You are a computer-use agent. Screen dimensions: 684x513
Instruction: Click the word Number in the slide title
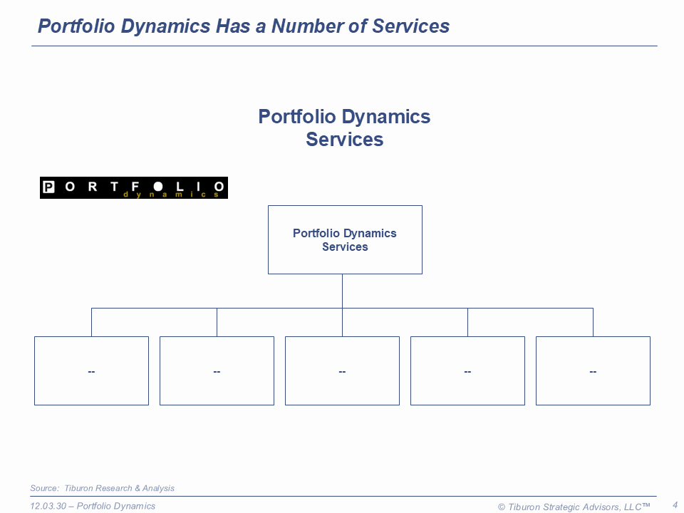pos(307,26)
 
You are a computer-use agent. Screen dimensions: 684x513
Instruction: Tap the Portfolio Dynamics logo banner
pos(134,187)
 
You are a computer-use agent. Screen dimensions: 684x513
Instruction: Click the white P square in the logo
pos(48,187)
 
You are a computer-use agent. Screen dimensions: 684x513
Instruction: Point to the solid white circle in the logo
pos(158,187)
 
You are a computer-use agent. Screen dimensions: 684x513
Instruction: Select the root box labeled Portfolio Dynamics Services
pos(345,239)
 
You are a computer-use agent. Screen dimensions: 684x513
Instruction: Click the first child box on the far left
pos(92,370)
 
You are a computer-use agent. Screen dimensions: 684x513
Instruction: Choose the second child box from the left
pos(217,370)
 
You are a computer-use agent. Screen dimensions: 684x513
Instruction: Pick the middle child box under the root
pos(343,370)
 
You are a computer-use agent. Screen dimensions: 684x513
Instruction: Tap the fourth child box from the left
pos(467,370)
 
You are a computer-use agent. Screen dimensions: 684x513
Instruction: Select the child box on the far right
pos(594,370)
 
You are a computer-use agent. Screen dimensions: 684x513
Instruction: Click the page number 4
pos(675,505)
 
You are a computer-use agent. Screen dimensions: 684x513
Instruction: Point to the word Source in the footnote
pos(44,488)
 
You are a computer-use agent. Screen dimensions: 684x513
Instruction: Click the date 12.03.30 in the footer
pos(48,506)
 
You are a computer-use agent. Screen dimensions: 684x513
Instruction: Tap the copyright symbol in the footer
pos(502,507)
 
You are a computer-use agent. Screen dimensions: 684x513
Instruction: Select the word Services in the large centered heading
pos(345,140)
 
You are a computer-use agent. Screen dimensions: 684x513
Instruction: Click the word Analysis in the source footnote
pos(158,488)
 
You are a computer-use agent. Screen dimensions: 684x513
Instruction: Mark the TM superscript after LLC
pos(646,504)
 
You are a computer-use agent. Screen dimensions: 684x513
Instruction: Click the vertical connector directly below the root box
pos(343,291)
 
